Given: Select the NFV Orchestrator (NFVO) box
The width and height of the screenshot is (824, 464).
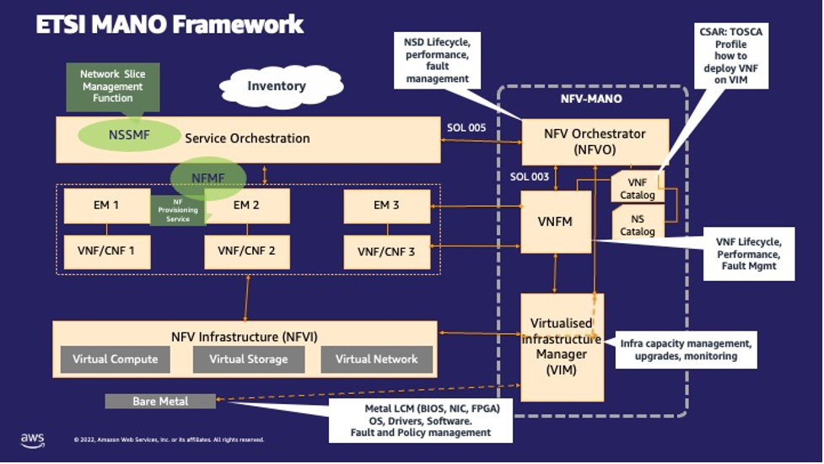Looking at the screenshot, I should coord(595,141).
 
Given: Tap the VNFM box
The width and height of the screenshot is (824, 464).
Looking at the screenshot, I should coord(555,222).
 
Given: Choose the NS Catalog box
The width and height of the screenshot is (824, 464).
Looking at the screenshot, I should coord(637,224).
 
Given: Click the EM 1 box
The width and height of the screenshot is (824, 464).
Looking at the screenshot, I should coord(106,205).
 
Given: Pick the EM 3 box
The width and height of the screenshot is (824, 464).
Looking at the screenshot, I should coord(386,205).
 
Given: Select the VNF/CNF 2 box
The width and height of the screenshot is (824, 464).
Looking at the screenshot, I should coord(246,251).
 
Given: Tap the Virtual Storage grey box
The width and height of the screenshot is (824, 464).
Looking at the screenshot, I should coord(245,359).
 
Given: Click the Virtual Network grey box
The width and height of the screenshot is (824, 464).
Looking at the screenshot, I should coord(376,359).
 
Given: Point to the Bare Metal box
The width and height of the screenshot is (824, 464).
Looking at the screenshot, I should coord(160,401).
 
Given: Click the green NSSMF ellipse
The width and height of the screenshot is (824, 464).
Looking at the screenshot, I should coord(117,135).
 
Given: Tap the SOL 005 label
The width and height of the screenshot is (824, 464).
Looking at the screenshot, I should coord(466,127).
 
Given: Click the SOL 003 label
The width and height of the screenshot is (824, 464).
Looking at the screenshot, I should coord(530,176).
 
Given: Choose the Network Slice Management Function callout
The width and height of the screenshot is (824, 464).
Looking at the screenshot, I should coord(112,85).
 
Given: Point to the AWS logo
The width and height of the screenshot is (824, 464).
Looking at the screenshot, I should coord(32,440).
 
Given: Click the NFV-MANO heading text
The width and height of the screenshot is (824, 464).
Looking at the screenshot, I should coord(590,100).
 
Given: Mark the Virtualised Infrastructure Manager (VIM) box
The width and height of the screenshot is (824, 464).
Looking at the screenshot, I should coord(561,346).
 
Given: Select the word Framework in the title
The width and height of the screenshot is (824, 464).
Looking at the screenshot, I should coord(237,24).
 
